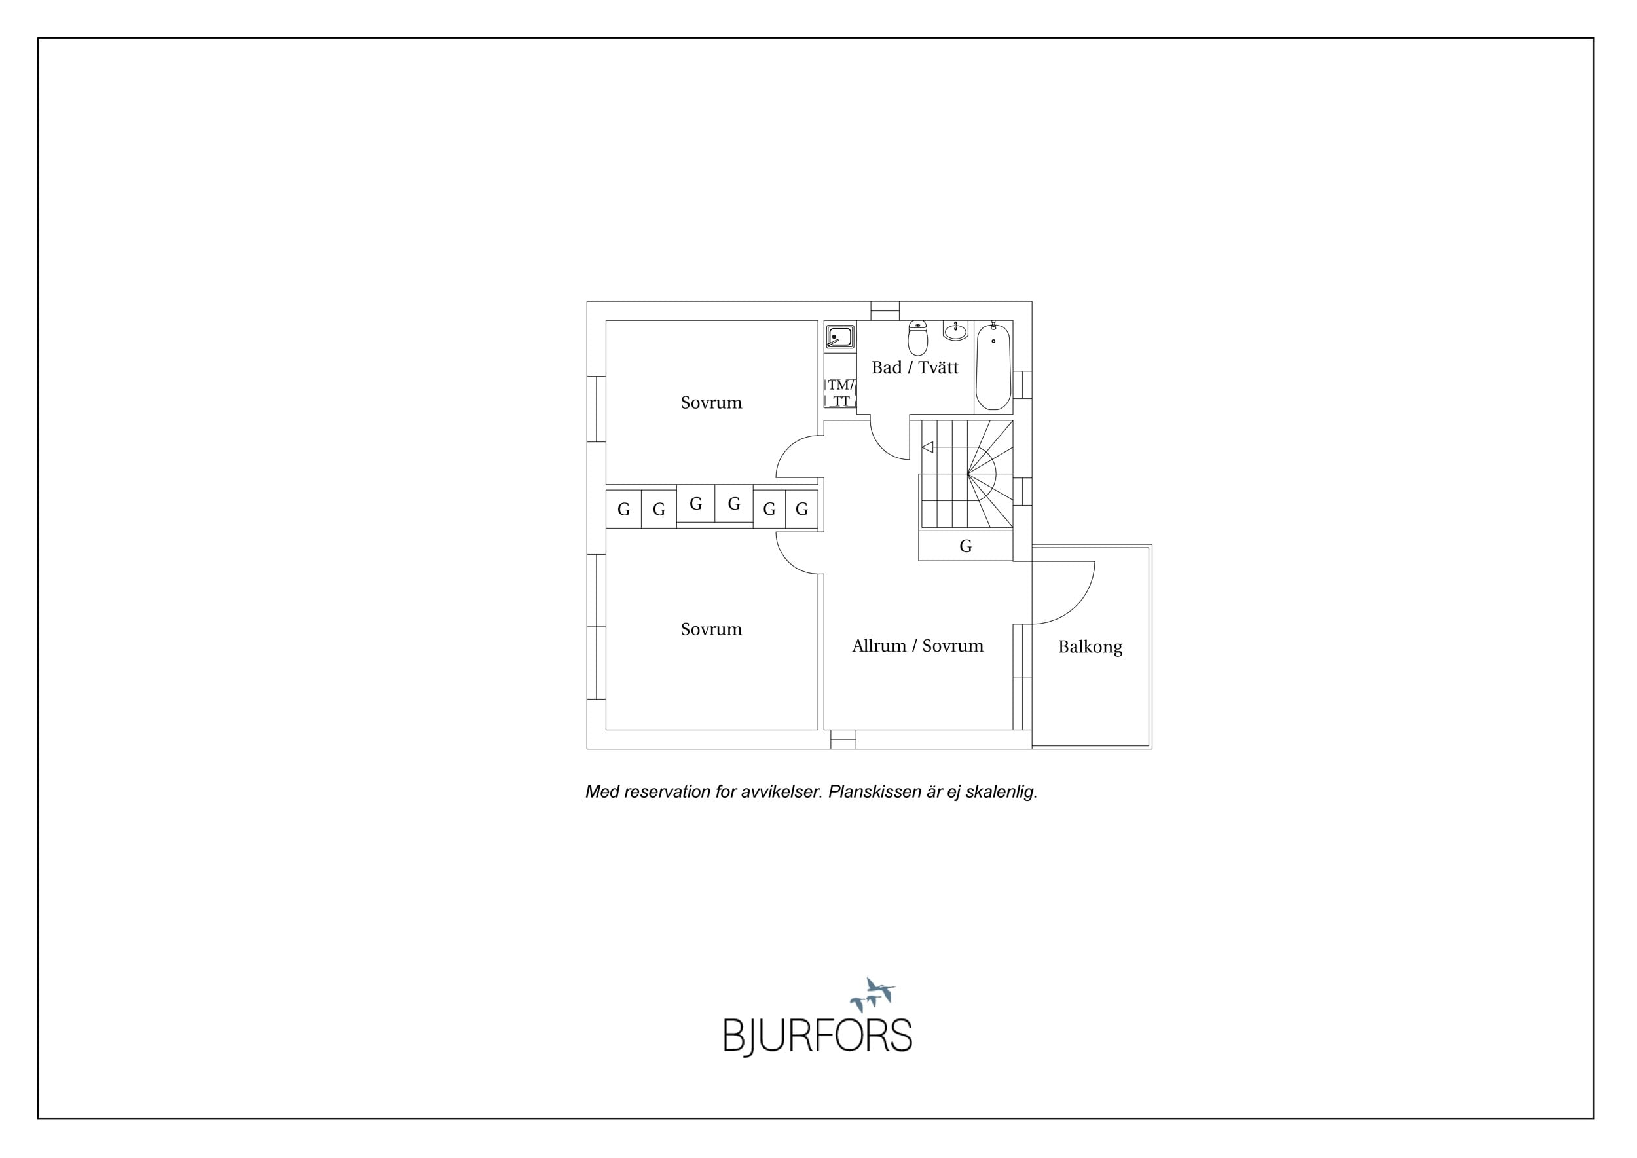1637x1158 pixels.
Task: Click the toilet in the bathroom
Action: pos(917,338)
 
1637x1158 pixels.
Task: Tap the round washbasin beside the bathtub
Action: pos(955,331)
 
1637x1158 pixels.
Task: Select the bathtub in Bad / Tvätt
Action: pos(993,367)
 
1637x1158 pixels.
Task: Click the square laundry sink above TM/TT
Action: pos(840,337)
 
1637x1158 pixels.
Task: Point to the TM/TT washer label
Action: pos(841,393)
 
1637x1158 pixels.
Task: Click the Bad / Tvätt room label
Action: pos(915,367)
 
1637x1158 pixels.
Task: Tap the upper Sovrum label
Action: pos(711,402)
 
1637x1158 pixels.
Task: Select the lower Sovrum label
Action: pos(711,629)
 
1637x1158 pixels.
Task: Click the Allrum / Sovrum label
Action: pos(917,645)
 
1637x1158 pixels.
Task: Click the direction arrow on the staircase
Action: pos(928,447)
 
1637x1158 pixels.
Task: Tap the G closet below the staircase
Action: pos(965,546)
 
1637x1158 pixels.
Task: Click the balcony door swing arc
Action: pos(1077,607)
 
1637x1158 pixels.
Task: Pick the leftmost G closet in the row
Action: pos(624,509)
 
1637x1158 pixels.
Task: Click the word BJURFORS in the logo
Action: pos(818,1036)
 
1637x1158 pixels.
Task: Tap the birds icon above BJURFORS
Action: pos(873,994)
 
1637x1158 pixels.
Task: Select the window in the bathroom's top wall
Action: pos(885,311)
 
